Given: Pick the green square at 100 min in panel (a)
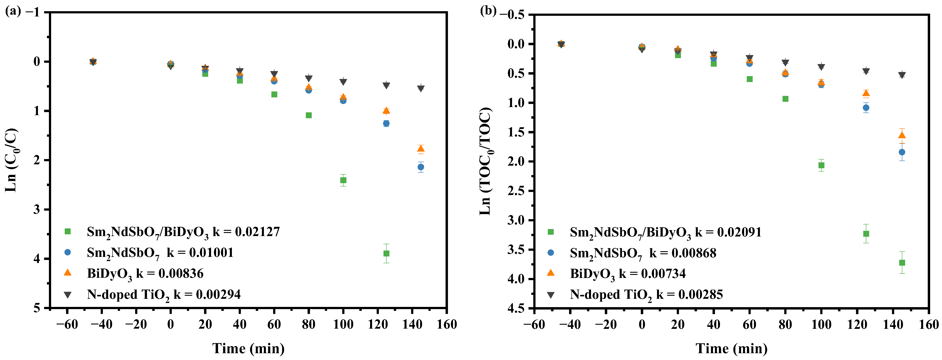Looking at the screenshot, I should click(x=343, y=180).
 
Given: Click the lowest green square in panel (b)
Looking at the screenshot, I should click(x=902, y=263).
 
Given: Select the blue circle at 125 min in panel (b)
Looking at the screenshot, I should click(x=866, y=107).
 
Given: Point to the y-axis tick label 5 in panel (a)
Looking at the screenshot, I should click(x=37, y=308).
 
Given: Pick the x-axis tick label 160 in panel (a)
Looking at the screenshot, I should click(x=447, y=324).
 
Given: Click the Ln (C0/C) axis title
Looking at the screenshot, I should click(x=11, y=160).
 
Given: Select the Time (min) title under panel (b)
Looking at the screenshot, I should click(x=731, y=348).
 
